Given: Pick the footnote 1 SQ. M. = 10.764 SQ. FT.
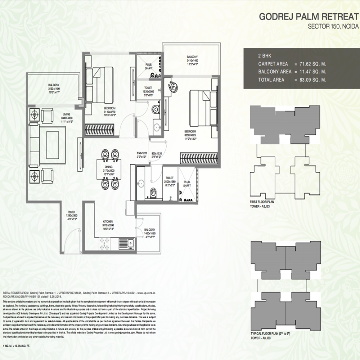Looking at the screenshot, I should pos(18,346).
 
